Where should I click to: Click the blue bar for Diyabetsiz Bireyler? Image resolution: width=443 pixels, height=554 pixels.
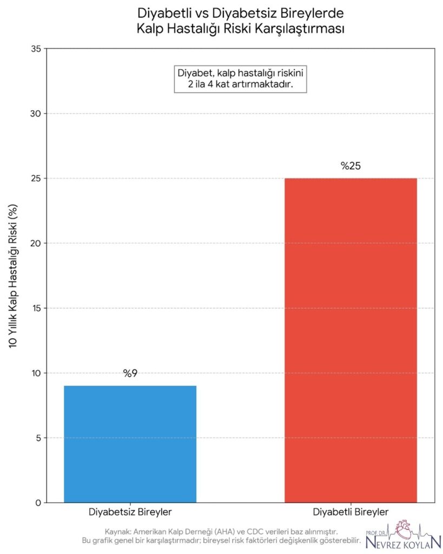pyautogui.click(x=130, y=444)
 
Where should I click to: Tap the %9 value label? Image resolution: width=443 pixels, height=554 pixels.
pyautogui.click(x=130, y=373)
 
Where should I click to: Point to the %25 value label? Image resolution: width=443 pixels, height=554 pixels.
pyautogui.click(x=351, y=166)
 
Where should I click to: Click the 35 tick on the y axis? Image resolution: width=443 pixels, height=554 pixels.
pyautogui.click(x=36, y=49)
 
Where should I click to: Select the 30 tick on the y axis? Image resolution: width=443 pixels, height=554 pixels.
pyautogui.click(x=36, y=114)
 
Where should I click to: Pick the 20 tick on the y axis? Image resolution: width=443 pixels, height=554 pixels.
pyautogui.click(x=36, y=243)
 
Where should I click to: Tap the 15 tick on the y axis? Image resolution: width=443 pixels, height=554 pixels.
pyautogui.click(x=36, y=308)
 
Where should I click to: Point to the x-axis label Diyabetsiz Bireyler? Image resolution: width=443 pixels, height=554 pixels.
pyautogui.click(x=130, y=512)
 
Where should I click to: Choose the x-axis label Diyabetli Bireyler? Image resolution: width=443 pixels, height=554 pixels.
pyautogui.click(x=351, y=512)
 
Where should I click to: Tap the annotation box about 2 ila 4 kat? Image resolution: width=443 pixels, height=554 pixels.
pyautogui.click(x=240, y=79)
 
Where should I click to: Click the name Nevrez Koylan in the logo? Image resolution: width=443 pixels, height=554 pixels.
pyautogui.click(x=403, y=542)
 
